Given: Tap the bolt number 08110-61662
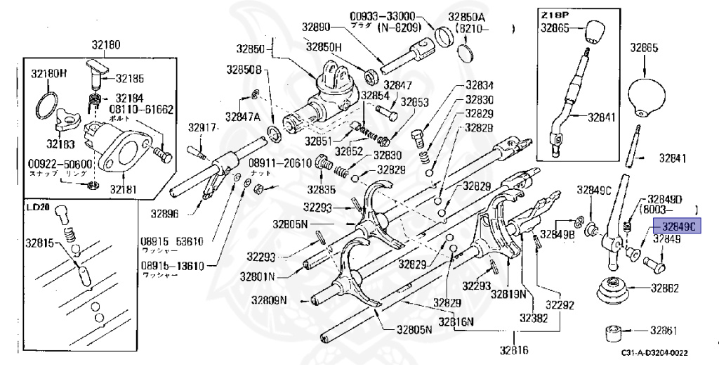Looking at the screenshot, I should [x=141, y=110].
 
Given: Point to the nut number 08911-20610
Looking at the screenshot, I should [x=279, y=162].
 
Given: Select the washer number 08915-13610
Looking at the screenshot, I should [x=171, y=266].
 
